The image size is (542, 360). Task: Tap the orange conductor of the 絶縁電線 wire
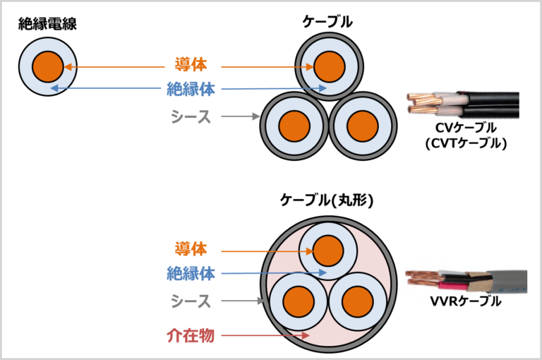point(49,67)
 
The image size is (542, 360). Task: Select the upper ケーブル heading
point(327,23)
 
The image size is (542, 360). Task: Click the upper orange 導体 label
point(191,65)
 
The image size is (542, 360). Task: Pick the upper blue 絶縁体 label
point(191,89)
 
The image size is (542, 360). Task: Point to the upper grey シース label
point(191,116)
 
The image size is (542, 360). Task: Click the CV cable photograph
point(463,105)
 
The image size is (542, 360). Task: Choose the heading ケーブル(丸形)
point(326,200)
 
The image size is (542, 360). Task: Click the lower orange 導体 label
point(191,248)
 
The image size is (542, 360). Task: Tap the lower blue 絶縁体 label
point(191,274)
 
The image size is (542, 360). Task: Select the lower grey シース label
point(191,301)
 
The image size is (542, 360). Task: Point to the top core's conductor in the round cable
point(327,251)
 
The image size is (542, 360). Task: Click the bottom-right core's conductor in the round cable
point(358,301)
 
